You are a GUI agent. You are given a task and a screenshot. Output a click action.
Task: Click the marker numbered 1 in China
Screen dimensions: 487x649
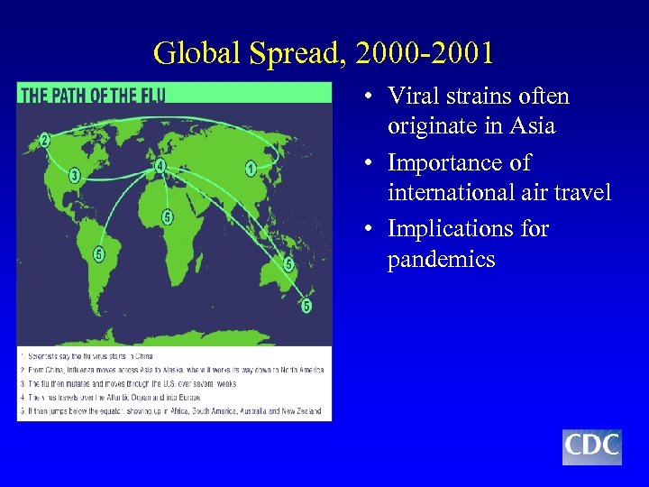250,168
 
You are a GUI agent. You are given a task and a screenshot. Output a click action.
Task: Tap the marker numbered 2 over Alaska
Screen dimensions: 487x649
44,140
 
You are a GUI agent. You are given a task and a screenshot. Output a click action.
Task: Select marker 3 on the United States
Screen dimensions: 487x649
75,175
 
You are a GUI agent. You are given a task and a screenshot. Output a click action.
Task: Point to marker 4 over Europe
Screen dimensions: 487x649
160,166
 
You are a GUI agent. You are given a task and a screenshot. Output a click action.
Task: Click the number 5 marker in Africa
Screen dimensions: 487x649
167,216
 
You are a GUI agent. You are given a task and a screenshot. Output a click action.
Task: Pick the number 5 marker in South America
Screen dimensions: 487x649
98,254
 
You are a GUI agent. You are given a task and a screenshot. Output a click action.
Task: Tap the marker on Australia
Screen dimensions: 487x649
288,265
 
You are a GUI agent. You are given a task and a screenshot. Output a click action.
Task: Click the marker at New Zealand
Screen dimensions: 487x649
306,306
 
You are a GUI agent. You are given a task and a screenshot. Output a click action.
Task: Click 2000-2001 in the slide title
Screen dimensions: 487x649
425,53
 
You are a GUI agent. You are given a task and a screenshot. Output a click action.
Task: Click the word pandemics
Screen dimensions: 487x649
441,260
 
